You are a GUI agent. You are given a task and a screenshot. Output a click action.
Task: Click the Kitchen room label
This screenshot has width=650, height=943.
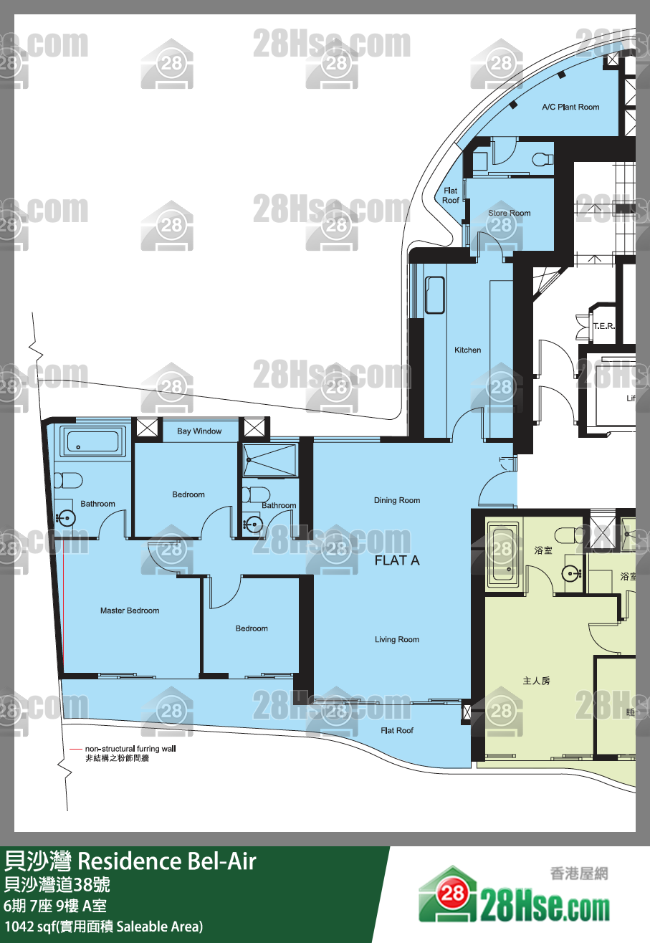467,350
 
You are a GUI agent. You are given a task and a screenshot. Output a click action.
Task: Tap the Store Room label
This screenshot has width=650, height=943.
509,213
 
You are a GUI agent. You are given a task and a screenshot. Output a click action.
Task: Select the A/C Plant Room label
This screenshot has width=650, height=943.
570,107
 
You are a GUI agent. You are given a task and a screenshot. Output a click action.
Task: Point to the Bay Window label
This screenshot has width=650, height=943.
199,431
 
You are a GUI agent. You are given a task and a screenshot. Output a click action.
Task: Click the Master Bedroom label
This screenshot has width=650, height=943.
130,611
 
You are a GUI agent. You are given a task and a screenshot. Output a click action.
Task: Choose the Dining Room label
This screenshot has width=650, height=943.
397,500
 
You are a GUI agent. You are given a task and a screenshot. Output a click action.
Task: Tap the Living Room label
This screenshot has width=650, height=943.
397,639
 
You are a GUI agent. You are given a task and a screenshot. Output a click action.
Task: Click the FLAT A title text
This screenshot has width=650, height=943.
397,560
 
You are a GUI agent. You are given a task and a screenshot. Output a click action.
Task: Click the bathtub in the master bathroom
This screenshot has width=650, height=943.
92,441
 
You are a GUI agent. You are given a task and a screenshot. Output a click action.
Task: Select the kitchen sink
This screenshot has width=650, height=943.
435,295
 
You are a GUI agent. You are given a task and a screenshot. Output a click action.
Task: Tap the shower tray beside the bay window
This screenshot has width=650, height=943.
269,460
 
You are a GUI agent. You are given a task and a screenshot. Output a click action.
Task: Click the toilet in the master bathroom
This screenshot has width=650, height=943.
69,480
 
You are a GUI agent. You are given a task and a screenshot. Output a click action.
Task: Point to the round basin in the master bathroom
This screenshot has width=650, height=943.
66,518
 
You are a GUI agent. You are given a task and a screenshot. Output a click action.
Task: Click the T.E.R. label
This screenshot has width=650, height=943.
604,326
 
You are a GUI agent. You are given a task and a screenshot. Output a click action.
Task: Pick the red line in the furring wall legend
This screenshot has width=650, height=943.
75,749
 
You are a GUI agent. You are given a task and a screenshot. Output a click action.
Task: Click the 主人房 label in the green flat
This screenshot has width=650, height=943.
536,681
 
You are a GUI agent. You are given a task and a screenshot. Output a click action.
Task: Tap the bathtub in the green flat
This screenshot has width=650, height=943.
503,555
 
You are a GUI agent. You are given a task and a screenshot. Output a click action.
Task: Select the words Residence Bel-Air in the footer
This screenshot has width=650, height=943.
167,861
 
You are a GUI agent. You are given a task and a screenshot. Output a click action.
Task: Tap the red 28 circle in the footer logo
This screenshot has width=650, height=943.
452,893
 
